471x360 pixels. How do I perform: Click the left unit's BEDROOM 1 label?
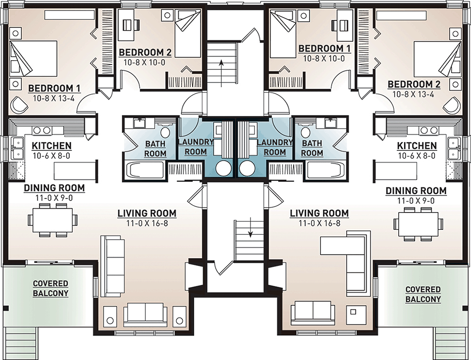pos(54,88)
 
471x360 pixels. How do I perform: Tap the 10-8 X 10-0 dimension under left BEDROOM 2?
pos(145,63)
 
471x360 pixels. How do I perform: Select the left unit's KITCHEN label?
pos(51,146)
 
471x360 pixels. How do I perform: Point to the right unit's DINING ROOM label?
pos(416,191)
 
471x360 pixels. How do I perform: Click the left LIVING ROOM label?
pos(147,213)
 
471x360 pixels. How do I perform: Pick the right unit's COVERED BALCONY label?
pos(423,294)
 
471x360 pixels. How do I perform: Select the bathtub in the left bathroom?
pos(145,171)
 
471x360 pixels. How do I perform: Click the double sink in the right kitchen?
pos(453,148)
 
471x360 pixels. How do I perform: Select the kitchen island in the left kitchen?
pos(75,171)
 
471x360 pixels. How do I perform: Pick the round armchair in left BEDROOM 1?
pos(19,104)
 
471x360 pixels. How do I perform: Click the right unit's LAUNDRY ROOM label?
pos(274,147)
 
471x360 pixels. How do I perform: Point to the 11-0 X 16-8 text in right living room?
pos(320,223)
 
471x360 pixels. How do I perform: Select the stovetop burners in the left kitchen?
pos(42,130)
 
